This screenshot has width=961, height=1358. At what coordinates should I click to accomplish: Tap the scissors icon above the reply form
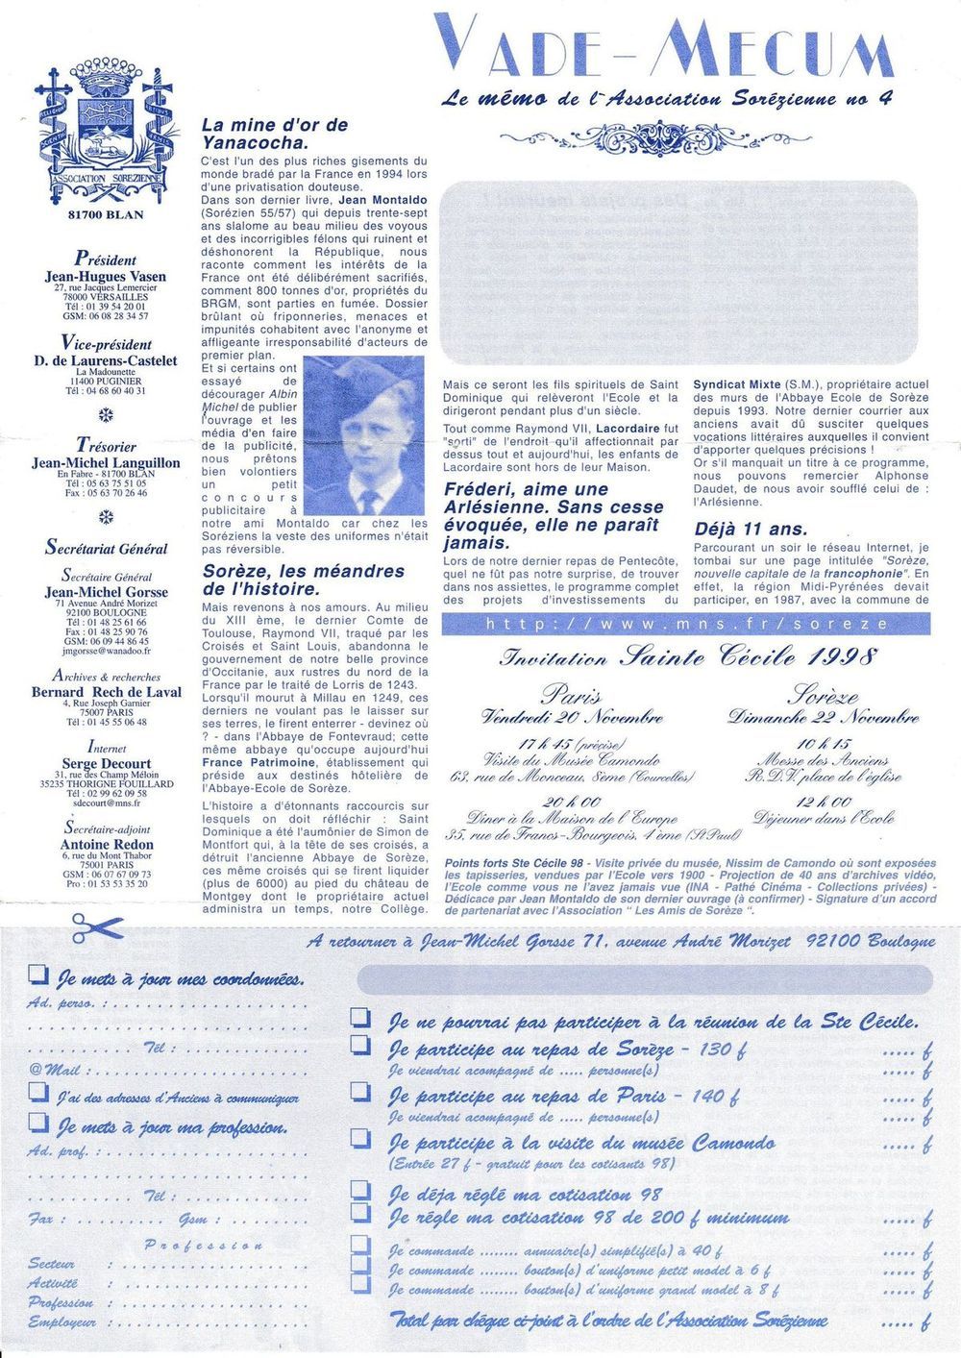click(96, 928)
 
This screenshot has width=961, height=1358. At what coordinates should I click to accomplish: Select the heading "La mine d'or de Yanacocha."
click(274, 134)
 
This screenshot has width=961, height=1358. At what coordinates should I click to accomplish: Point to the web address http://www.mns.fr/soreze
click(685, 625)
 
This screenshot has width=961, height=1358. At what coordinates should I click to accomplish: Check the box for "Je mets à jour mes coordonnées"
click(37, 975)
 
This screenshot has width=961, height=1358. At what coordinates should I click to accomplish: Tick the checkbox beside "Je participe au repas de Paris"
click(360, 1092)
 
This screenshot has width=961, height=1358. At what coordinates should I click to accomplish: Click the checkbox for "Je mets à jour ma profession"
click(37, 1122)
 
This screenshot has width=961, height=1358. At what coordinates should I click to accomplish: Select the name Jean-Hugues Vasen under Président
click(106, 277)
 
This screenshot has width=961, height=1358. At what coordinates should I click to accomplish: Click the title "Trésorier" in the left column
click(106, 446)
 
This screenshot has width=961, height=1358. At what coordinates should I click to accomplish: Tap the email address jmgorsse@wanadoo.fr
click(105, 651)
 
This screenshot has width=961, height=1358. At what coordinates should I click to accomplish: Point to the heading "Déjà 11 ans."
click(751, 529)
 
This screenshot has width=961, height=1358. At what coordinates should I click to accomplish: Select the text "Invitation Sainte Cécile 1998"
click(688, 657)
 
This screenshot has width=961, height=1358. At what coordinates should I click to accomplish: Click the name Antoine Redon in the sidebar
click(106, 844)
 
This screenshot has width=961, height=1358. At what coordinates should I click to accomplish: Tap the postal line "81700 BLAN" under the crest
click(106, 214)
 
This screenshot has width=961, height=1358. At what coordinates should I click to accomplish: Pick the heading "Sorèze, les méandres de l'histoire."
click(303, 580)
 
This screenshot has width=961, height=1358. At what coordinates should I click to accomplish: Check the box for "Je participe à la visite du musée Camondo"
click(360, 1139)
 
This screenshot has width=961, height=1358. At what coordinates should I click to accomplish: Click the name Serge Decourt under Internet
click(106, 763)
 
